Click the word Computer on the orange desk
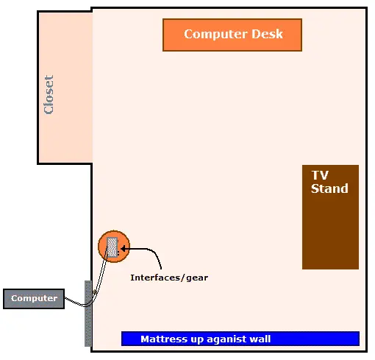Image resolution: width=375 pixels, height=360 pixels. coord(215,35)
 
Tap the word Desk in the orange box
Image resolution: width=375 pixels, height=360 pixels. coord(267,34)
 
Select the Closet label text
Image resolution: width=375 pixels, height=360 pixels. coord(49,94)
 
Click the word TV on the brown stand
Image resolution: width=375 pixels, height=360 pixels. coord(320,175)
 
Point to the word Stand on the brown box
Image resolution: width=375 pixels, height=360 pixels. coord(329,188)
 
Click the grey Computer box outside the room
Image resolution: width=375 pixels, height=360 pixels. coord(34,299)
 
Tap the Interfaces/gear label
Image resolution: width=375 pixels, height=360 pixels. coord(169,278)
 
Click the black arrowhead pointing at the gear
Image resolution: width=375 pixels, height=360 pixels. coord(124,249)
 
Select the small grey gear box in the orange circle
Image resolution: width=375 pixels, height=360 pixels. coord(113,247)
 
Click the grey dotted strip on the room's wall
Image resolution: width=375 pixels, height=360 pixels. coord(88,314)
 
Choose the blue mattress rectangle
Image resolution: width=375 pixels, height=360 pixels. coord(240,339)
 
